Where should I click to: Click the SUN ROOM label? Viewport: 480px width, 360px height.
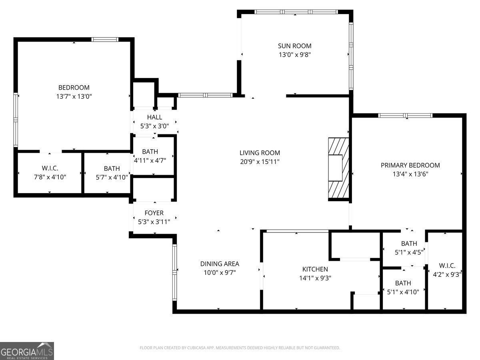point(294,46)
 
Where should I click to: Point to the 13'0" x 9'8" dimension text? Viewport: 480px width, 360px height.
point(294,55)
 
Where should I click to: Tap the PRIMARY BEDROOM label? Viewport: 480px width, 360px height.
point(410,165)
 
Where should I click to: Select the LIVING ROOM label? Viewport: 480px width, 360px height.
point(260,153)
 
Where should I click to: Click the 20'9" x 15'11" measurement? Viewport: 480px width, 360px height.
point(260,162)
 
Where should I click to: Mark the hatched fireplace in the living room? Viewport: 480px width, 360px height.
point(338,168)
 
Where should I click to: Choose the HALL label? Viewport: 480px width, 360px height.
point(154,117)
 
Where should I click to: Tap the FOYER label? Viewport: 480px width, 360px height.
point(154,213)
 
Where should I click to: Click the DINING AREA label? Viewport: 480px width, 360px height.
point(220,264)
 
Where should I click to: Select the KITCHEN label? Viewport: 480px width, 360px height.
point(315,269)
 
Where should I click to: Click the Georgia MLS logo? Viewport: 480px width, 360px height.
point(27,351)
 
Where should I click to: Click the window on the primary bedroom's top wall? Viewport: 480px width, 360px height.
point(405,116)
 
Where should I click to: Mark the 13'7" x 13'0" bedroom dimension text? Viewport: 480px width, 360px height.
point(74,96)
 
